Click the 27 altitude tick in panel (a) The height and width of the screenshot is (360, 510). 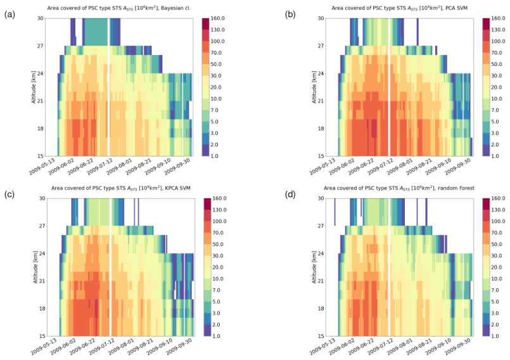(x=40, y=46)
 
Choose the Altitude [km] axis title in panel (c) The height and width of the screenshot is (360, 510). (x=33, y=267)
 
